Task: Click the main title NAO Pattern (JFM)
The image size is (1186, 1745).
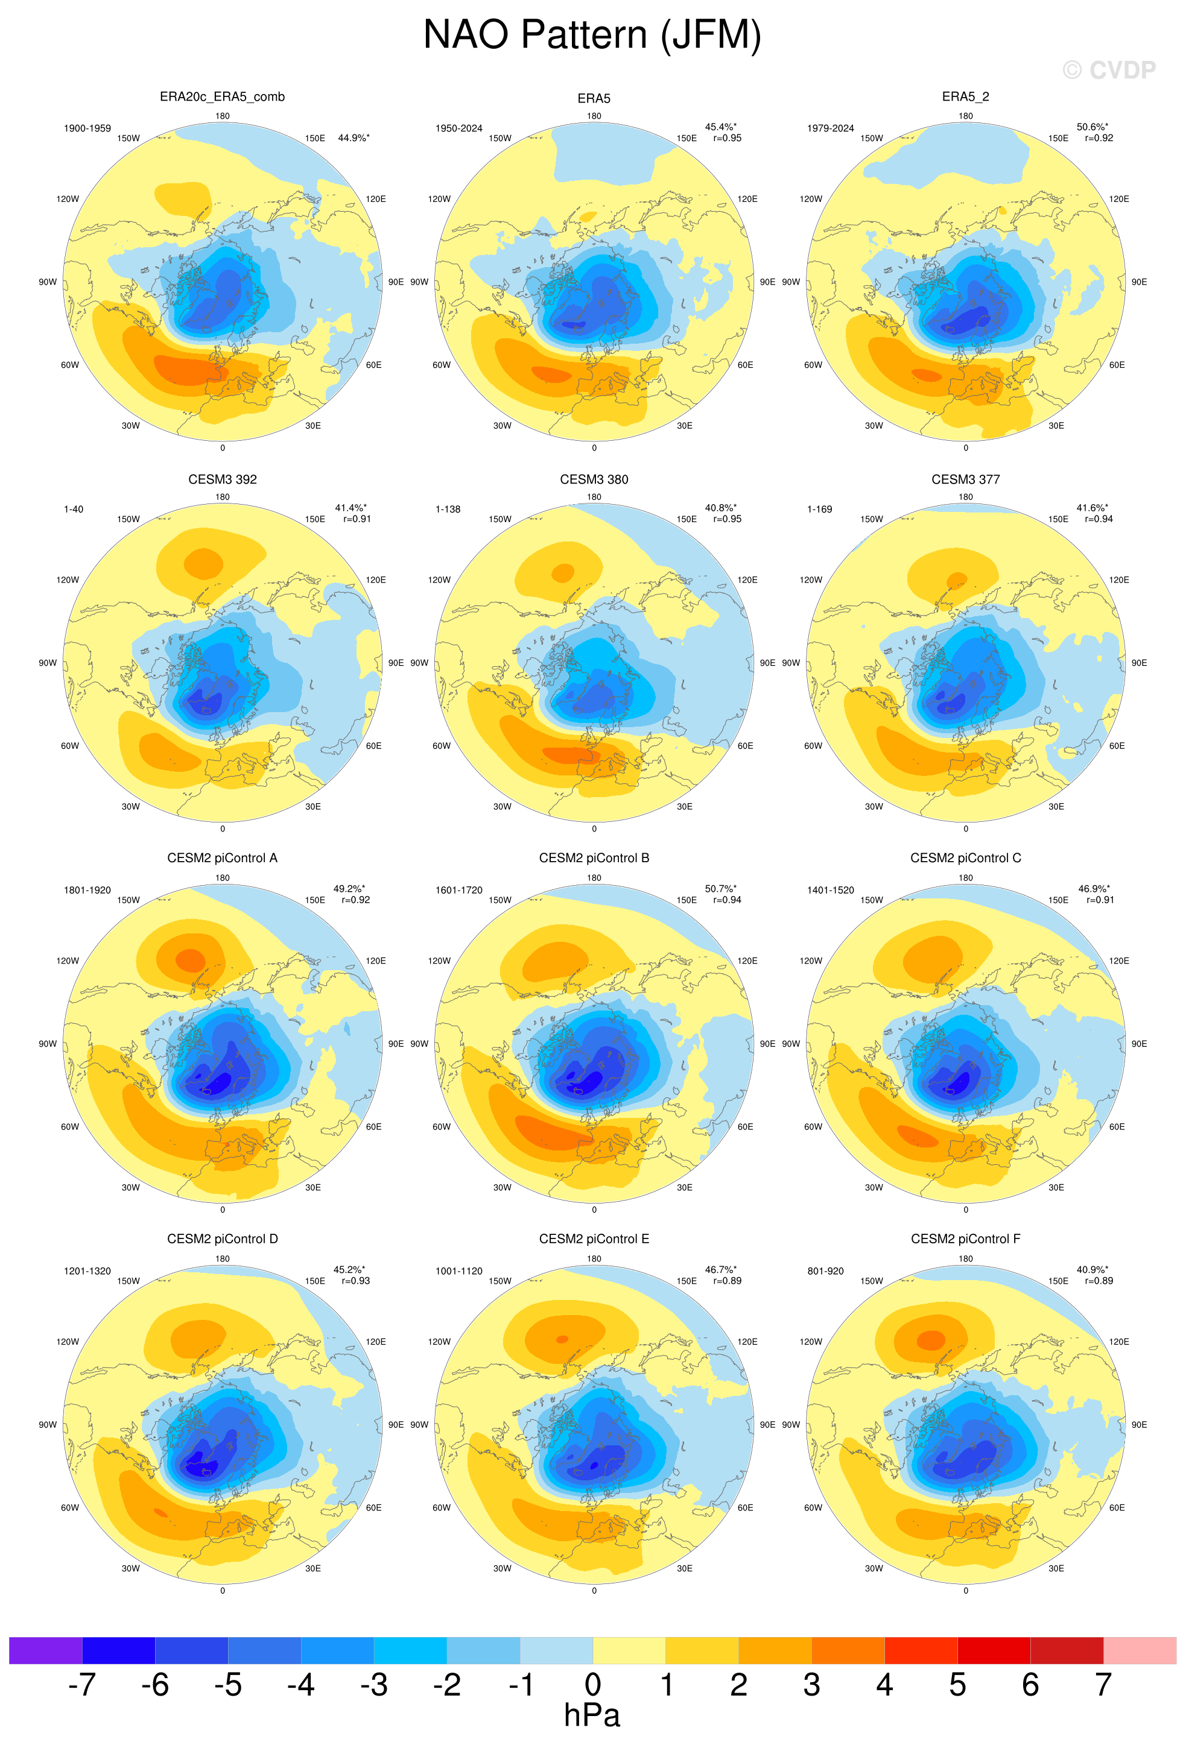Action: [x=592, y=36]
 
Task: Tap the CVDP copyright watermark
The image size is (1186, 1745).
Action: [x=1109, y=70]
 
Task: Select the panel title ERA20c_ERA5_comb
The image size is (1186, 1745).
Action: [x=223, y=97]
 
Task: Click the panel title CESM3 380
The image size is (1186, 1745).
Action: [x=594, y=479]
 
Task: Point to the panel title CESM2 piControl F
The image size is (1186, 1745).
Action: [x=965, y=1239]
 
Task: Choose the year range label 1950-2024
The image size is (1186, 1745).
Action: [x=459, y=128]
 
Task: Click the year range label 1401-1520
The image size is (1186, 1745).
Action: [x=830, y=890]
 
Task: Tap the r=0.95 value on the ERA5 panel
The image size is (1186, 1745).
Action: [x=727, y=138]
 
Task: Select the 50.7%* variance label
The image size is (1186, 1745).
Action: [x=720, y=888]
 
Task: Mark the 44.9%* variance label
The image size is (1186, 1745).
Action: [x=354, y=138]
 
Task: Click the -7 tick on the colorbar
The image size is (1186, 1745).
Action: [x=82, y=1684]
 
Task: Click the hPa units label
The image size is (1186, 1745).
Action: [x=592, y=1715]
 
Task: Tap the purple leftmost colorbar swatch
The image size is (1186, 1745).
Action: [x=45, y=1650]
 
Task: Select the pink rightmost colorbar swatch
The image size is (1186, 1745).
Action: [x=1140, y=1650]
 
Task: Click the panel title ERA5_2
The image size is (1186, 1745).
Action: [x=965, y=97]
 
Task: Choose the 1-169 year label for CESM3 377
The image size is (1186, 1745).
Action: [x=819, y=509]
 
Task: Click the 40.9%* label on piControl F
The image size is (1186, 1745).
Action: [x=1092, y=1270]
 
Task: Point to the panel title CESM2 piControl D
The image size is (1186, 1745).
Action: [x=223, y=1239]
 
